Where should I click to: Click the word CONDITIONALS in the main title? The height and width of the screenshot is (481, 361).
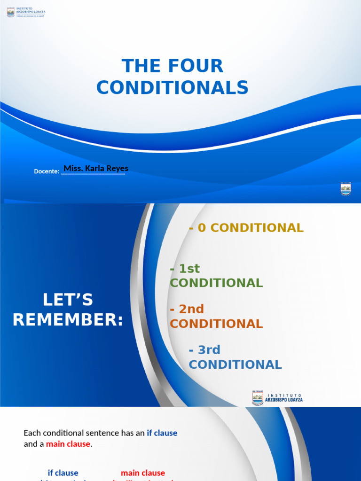tap(173, 88)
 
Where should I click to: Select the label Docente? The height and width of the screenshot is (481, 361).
tap(47, 171)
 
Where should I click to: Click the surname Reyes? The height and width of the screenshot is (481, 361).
tap(118, 168)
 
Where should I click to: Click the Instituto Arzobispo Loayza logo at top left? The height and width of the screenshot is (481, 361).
tap(26, 12)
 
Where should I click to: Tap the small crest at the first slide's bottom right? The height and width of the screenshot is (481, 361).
tap(345, 189)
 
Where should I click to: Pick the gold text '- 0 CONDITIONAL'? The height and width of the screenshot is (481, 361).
tap(246, 228)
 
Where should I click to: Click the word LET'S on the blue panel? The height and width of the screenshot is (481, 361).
tap(68, 299)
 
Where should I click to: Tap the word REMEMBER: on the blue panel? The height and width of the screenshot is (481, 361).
tap(68, 320)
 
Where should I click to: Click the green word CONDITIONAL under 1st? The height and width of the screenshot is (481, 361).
tap(216, 283)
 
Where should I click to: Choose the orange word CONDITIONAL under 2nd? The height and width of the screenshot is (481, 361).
tap(216, 324)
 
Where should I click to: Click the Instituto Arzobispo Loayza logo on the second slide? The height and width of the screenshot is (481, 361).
tap(277, 398)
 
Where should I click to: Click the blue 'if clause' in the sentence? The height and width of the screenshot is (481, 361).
tap(162, 433)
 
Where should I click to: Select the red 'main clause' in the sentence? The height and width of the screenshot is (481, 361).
tap(68, 444)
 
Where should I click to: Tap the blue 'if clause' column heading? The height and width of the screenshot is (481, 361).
tap(63, 473)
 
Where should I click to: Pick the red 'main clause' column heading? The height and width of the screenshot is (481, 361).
tap(143, 473)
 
